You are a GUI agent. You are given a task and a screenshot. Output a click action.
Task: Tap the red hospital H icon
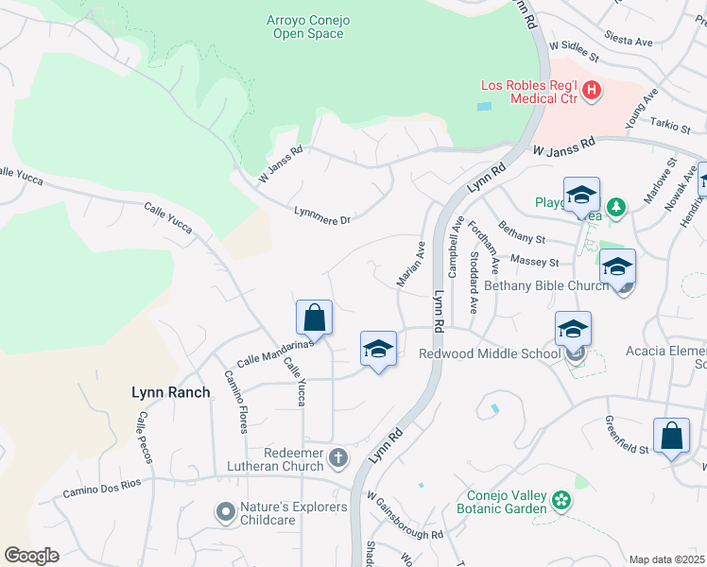tap(592, 91)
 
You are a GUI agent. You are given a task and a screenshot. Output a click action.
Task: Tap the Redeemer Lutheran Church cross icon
tap(338, 457)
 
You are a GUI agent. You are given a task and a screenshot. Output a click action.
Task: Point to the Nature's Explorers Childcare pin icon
tap(225, 512)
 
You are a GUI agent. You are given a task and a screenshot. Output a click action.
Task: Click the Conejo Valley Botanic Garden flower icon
tap(562, 499)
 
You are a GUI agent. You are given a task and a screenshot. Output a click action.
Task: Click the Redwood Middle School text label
tap(490, 354)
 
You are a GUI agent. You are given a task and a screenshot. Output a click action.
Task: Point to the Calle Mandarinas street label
tap(274, 352)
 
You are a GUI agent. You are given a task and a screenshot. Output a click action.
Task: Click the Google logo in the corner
tap(31, 555)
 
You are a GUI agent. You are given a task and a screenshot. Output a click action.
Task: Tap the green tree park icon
tap(615, 206)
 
